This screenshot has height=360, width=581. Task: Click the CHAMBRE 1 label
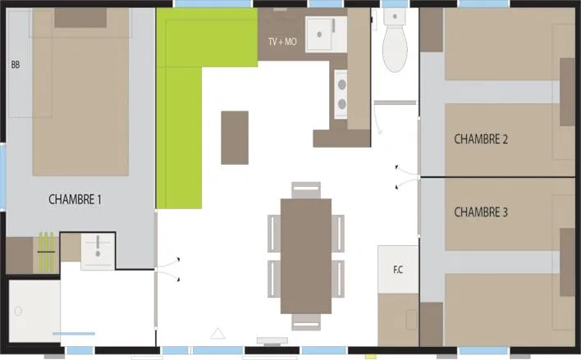click(x=75, y=199)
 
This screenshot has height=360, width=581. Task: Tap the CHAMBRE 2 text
click(x=481, y=139)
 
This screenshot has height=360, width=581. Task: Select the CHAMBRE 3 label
click(x=481, y=212)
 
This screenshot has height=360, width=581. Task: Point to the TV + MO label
click(x=282, y=42)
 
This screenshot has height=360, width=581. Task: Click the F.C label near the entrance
click(x=398, y=268)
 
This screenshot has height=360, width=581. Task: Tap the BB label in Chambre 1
click(x=16, y=64)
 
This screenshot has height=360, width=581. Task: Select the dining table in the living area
click(x=305, y=255)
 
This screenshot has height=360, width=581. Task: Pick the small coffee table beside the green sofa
click(x=235, y=138)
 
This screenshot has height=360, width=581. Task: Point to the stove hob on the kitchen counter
click(x=340, y=92)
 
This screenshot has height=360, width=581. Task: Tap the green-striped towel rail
click(x=47, y=252)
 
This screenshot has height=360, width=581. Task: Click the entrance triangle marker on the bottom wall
click(x=217, y=333)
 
